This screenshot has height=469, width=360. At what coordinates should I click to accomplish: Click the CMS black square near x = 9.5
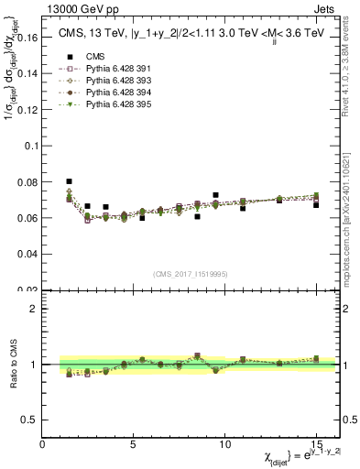click(x=215, y=195)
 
